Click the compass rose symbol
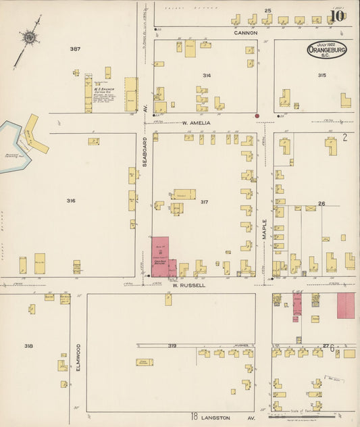point(28,38)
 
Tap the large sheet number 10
point(337,16)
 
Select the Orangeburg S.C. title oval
point(327,49)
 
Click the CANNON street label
point(246,32)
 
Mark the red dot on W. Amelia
point(257,116)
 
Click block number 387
point(74,49)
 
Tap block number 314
point(205,76)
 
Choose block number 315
point(322,75)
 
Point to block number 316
point(71,201)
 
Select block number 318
point(28,346)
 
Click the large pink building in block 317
point(161,257)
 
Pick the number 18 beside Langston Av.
point(195,417)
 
